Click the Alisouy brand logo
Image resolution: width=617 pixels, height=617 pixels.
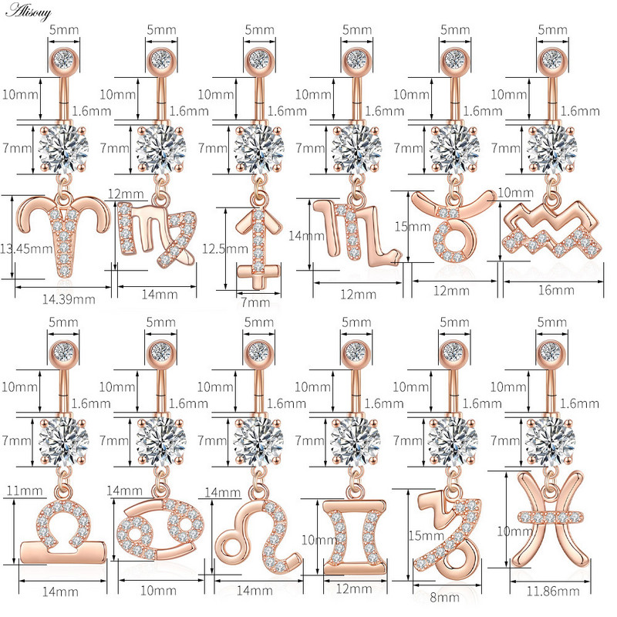(x=29, y=12)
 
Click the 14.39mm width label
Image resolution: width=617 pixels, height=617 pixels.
(x=69, y=299)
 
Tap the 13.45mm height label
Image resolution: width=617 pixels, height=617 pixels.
(x=26, y=248)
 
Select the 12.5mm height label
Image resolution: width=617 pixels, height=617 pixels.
(x=224, y=248)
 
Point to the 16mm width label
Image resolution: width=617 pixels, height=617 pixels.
(x=556, y=291)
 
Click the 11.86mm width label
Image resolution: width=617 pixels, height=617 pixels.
(x=553, y=591)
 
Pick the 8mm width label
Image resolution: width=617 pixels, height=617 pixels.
(x=445, y=597)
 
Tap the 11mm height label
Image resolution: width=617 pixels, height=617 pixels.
(x=25, y=491)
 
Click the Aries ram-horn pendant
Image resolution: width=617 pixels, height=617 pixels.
(x=63, y=235)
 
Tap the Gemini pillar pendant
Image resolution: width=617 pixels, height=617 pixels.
(x=354, y=537)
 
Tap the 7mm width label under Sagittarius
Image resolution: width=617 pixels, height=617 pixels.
(x=255, y=302)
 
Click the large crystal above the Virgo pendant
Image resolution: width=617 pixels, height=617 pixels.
(x=161, y=149)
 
